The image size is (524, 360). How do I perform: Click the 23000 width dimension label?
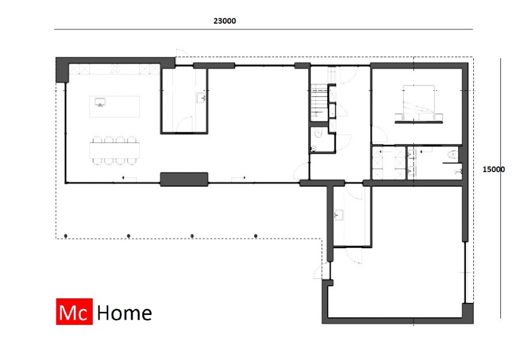pyautogui.click(x=225, y=21)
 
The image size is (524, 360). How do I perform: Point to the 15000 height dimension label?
pyautogui.click(x=493, y=169)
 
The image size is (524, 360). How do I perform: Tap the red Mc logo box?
pyautogui.click(x=74, y=313)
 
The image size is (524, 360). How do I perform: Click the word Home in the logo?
pyautogui.click(x=124, y=313)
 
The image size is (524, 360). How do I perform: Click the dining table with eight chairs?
pyautogui.click(x=114, y=150)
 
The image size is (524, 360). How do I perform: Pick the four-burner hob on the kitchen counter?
pyautogui.click(x=114, y=69)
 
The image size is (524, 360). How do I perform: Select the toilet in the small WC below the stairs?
pyautogui.click(x=318, y=135)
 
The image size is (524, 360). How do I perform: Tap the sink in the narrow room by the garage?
pyautogui.click(x=338, y=215)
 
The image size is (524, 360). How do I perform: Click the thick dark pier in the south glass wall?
pyautogui.click(x=184, y=179)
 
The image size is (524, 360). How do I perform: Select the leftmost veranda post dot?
pyautogui.click(x=66, y=236)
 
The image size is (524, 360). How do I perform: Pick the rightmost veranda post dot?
pyautogui.click(x=256, y=236)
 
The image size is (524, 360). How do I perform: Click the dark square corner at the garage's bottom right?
pyautogui.click(x=468, y=313)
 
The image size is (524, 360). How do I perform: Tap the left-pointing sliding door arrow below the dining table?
pyautogui.click(x=124, y=179)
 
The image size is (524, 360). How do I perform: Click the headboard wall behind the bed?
pyautogui.click(x=419, y=121)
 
